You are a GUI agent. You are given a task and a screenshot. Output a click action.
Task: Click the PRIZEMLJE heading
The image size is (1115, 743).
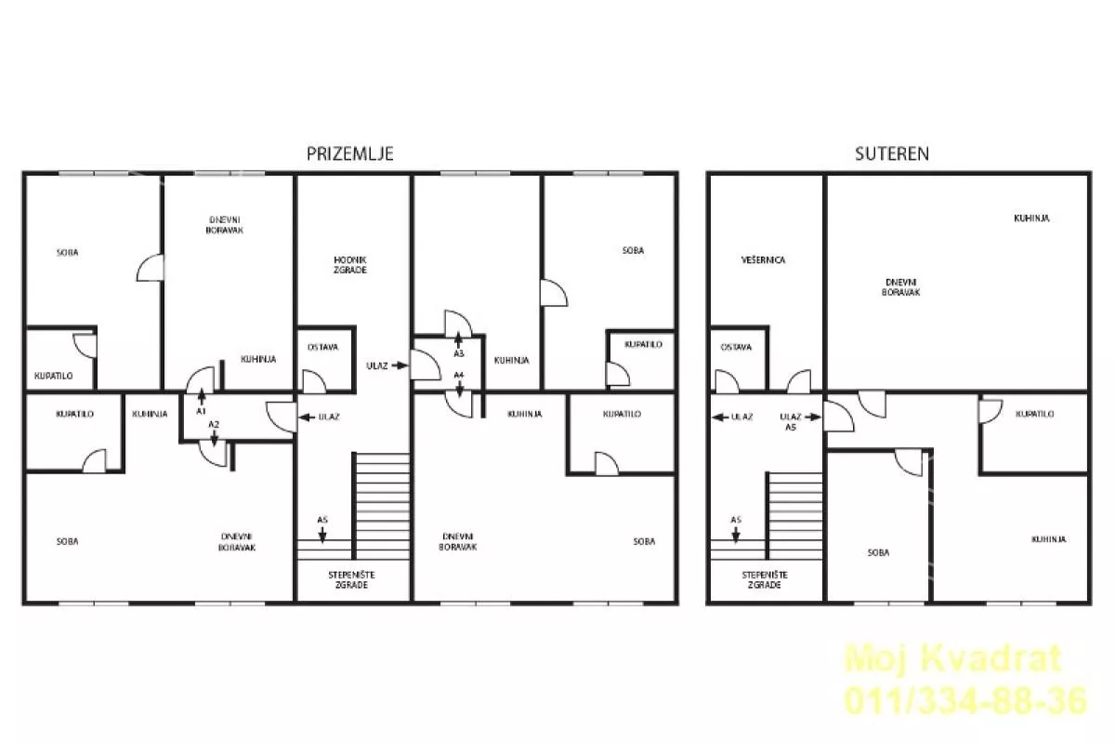(x=350, y=153)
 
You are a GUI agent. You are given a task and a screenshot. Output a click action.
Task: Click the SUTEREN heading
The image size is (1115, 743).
(x=891, y=153)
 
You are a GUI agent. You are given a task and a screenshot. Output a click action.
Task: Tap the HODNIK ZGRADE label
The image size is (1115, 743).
(x=350, y=265)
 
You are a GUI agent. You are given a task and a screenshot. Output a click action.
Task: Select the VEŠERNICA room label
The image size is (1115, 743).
(x=763, y=260)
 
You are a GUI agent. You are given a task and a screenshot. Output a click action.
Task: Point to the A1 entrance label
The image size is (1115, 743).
(x=201, y=411)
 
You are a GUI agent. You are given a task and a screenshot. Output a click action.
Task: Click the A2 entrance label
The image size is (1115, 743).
(x=214, y=425)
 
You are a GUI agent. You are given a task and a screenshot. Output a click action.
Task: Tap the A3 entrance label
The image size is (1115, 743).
(x=458, y=353)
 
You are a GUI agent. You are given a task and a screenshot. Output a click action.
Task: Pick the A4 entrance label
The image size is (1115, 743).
(x=458, y=375)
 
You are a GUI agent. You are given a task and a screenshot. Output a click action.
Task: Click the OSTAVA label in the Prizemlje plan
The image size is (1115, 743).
(x=323, y=348)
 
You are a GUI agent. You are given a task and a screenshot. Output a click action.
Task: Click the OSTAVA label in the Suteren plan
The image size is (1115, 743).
(x=736, y=348)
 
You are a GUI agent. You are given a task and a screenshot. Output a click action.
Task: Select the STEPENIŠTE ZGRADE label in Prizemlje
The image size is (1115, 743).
(x=351, y=579)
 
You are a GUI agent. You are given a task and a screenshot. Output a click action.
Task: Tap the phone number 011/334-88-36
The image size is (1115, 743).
(x=965, y=701)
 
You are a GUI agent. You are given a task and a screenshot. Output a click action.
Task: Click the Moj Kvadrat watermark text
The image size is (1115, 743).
(x=953, y=658)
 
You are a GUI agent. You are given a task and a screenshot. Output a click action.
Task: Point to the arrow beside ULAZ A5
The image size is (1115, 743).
(x=812, y=418)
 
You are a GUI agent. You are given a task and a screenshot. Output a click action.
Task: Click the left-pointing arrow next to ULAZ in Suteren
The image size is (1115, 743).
(x=720, y=418)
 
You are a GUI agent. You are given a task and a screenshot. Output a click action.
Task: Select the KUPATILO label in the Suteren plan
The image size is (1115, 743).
(x=1034, y=414)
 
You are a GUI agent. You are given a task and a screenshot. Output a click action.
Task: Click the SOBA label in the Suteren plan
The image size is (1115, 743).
(x=878, y=552)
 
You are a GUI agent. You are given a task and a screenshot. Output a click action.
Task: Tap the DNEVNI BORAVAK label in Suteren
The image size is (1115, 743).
(x=900, y=287)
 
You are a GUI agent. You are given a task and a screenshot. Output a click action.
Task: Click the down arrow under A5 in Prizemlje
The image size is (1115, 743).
(x=322, y=535)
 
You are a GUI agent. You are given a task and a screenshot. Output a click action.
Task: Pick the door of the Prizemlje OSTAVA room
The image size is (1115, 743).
(x=314, y=381)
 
